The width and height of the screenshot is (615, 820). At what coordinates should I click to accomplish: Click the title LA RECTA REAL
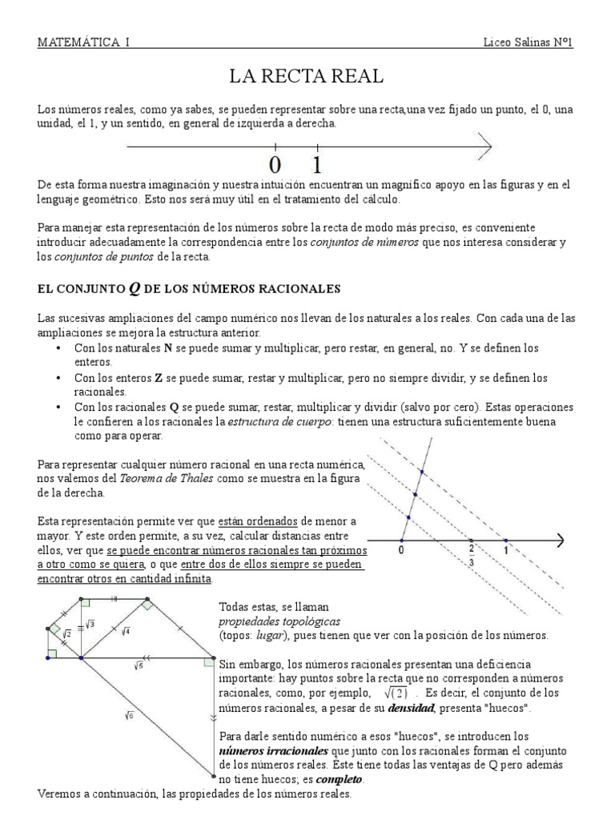(307, 77)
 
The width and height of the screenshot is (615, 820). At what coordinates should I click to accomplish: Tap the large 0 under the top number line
(275, 166)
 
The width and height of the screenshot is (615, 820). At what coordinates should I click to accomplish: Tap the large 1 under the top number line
(318, 166)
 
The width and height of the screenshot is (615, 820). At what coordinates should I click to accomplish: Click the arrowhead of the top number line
(484, 145)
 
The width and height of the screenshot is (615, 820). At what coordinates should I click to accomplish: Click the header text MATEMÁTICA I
(83, 41)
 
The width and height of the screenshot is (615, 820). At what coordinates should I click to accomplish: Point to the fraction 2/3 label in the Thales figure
(472, 556)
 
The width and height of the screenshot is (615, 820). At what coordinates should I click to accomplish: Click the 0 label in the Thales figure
(400, 551)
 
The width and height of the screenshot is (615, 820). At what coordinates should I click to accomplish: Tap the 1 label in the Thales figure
(506, 551)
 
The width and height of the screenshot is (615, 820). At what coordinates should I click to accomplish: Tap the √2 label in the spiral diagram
(67, 634)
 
